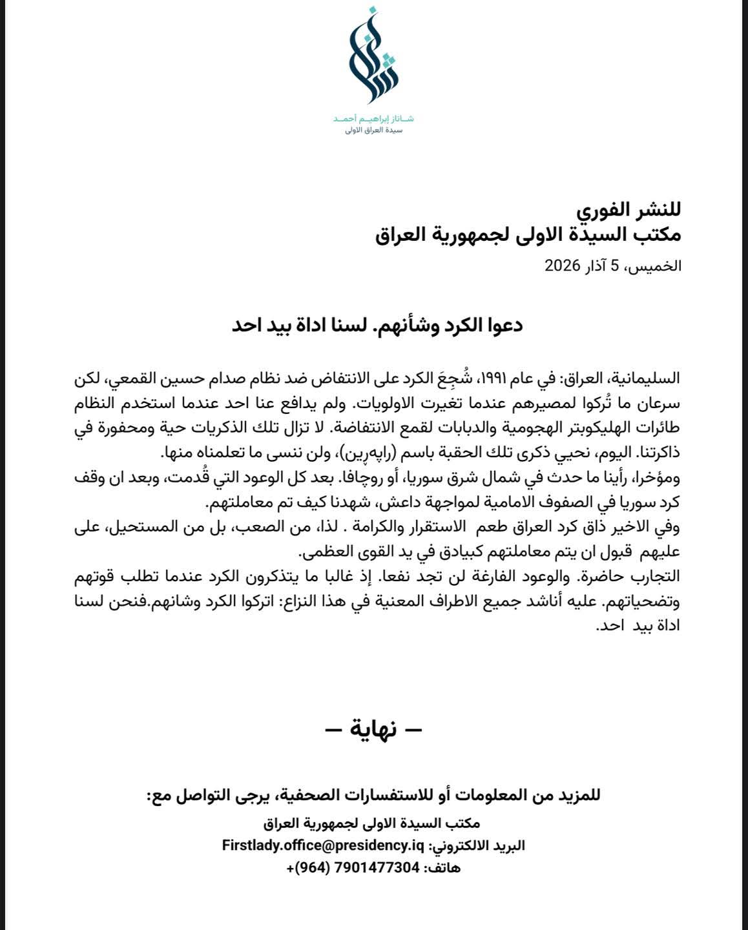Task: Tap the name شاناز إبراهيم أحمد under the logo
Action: pos(374,119)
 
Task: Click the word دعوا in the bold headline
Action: pos(501,325)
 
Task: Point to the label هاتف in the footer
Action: pos(442,868)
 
